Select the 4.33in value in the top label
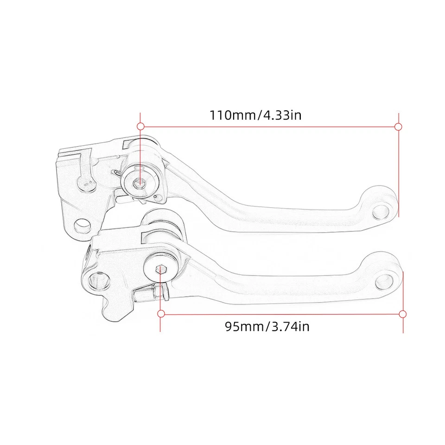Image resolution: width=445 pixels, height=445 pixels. [x=282, y=114]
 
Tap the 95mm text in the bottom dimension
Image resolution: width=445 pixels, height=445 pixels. [x=244, y=327]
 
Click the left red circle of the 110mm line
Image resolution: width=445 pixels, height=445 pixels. [x=140, y=126]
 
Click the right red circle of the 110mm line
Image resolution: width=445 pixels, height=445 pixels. [x=398, y=126]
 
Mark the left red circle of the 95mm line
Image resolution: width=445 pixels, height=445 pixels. [x=161, y=314]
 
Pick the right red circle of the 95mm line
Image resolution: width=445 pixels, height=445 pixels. [x=403, y=314]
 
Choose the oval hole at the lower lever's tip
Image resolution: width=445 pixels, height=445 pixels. [x=388, y=280]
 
